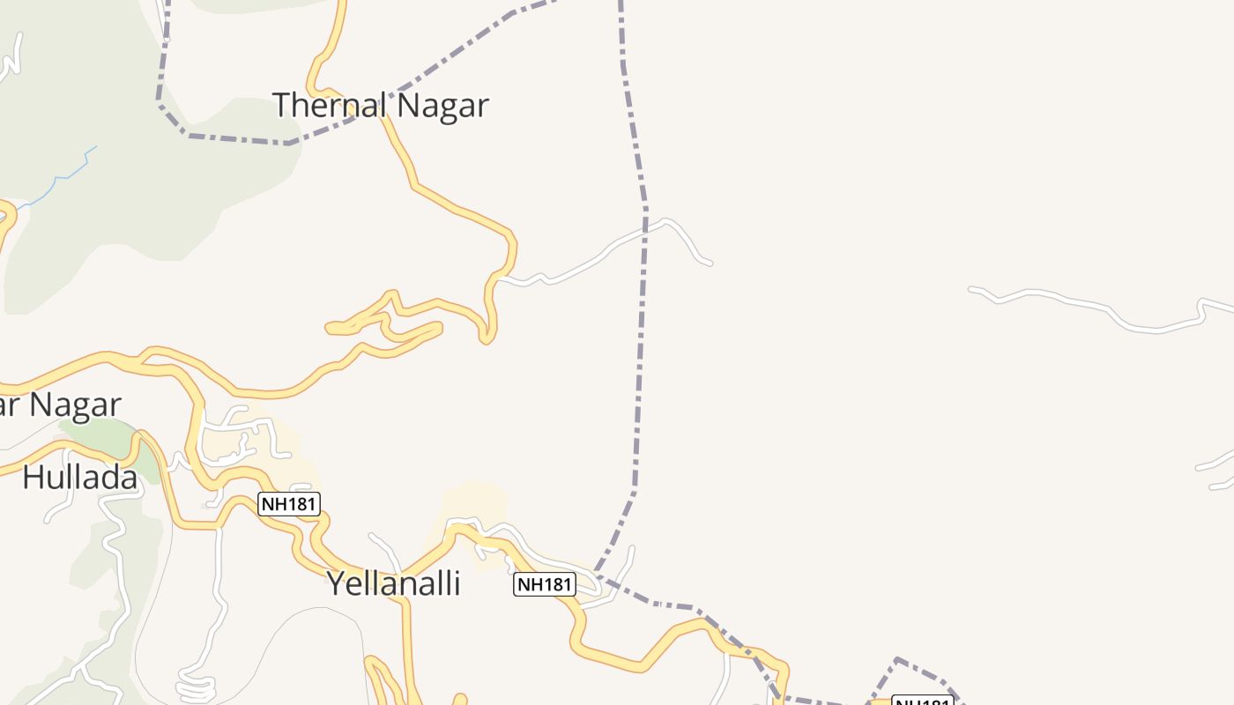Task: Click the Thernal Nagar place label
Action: [380, 105]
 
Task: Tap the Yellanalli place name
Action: [393, 583]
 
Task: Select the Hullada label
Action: [79, 478]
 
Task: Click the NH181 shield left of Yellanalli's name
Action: [289, 504]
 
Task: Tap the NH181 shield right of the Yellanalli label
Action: [545, 584]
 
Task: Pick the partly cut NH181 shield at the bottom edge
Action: [923, 701]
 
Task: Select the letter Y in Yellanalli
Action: [336, 583]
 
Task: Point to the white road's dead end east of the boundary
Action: [710, 263]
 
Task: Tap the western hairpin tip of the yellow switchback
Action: [330, 329]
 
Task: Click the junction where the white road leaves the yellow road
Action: [499, 278]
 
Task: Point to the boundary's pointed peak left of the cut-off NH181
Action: [896, 659]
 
